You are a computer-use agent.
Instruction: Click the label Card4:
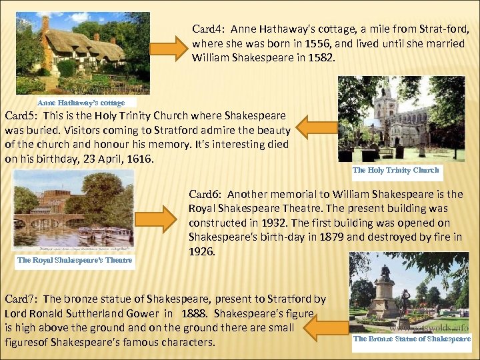(x=206, y=29)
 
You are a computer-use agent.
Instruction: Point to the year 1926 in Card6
(x=202, y=253)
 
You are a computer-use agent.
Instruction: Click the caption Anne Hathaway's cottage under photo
(x=81, y=103)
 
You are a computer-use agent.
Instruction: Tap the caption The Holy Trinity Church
(x=395, y=170)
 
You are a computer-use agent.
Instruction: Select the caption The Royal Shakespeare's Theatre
(x=75, y=260)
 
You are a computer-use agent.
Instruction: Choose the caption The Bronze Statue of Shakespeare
(x=411, y=339)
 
